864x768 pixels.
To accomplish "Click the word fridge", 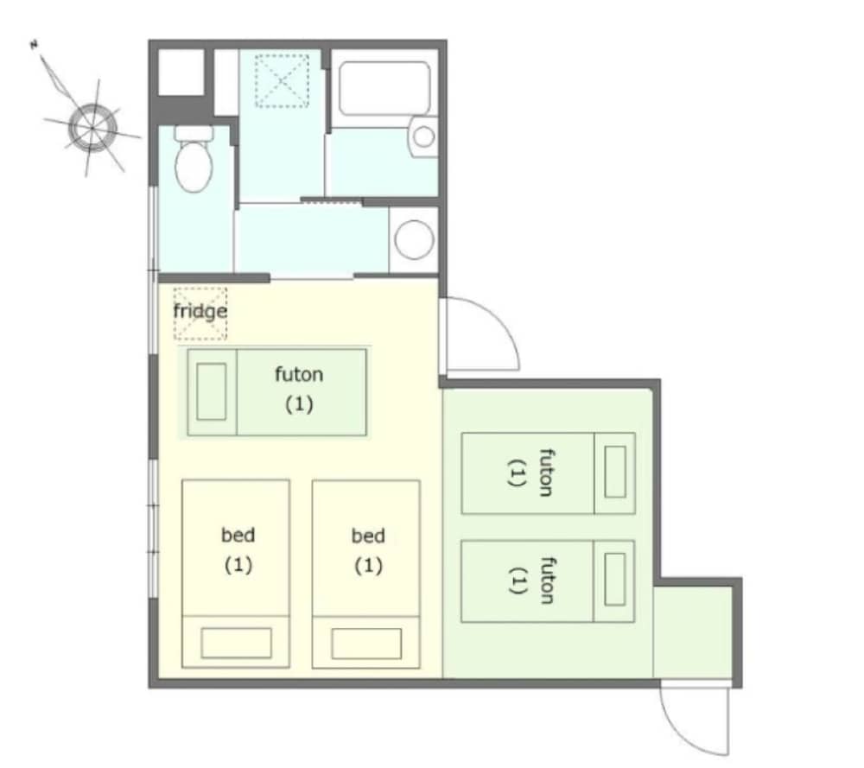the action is coord(200,311).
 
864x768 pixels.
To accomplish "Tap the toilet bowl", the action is coord(194,166).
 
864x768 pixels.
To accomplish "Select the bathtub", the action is coord(384,88).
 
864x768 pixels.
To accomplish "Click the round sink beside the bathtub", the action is coord(424,136).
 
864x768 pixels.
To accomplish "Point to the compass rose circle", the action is coord(92,128).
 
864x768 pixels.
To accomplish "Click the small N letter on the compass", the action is coord(35,45).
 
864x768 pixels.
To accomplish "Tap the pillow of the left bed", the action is coord(237,643).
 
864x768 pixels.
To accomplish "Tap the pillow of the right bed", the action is coord(366,644).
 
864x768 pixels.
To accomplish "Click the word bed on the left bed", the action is coord(238,535).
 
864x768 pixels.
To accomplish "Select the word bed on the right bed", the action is coord(368,536).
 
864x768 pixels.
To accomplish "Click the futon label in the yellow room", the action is coord(299,375).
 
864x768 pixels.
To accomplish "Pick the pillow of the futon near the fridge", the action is coord(212,391).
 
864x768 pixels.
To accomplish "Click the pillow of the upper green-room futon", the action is coord(615,473).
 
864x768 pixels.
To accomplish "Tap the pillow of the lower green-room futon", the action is coord(615,580).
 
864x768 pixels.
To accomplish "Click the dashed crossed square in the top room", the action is coord(282,81).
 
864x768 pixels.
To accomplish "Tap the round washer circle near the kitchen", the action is coord(414,239).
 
